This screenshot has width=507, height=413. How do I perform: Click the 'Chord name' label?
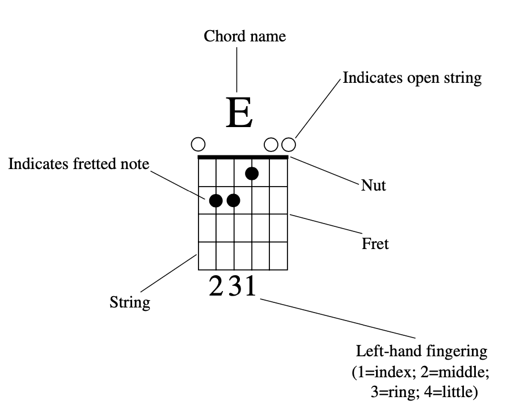[245, 37]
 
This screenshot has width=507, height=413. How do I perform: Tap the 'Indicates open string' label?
[412, 78]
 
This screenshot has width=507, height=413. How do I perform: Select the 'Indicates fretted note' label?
[79, 164]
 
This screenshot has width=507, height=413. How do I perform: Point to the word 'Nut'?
[373, 185]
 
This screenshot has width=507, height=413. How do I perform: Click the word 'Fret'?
[375, 244]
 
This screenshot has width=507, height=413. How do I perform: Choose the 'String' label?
[130, 302]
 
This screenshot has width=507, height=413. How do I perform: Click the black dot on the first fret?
[252, 173]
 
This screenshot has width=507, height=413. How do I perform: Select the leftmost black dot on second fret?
[216, 200]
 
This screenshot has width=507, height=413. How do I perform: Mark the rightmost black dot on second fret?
[233, 200]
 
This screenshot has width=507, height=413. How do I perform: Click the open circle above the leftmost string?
[198, 144]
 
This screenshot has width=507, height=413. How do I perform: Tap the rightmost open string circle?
[289, 144]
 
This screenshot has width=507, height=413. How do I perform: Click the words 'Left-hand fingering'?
[421, 351]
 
